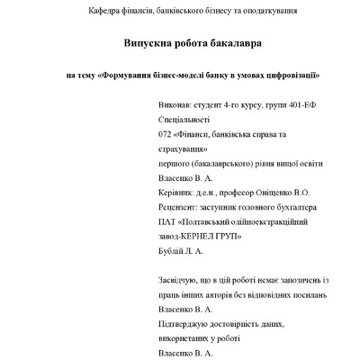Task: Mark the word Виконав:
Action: [176, 104]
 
